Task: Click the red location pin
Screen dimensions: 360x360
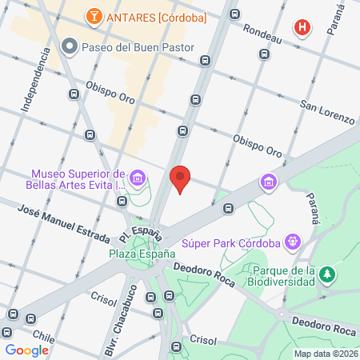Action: pyautogui.click(x=181, y=178)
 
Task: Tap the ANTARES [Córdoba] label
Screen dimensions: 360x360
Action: pyautogui.click(x=156, y=16)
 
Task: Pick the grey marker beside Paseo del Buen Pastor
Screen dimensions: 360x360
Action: pyautogui.click(x=70, y=46)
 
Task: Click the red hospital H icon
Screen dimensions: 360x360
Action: pyautogui.click(x=302, y=28)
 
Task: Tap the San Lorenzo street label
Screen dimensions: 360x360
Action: pyautogui.click(x=326, y=112)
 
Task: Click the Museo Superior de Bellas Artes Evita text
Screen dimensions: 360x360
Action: pyautogui.click(x=78, y=180)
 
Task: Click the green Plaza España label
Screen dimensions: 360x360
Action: pyautogui.click(x=142, y=254)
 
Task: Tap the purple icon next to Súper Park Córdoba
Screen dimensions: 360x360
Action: pyautogui.click(x=294, y=239)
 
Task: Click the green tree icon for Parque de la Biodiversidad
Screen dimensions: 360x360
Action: pyautogui.click(x=326, y=275)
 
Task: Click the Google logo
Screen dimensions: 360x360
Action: pyautogui.click(x=27, y=350)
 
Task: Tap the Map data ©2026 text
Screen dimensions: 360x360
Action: pyautogui.click(x=324, y=353)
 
